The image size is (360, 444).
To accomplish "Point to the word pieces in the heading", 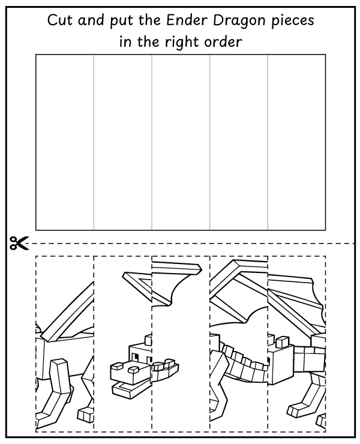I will point(292,20).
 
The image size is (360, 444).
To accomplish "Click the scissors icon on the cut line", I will point(19,243).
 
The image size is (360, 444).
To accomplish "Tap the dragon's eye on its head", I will point(136,357).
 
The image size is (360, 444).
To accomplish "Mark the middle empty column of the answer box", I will point(181,142).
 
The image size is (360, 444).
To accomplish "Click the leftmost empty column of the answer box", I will point(65,142).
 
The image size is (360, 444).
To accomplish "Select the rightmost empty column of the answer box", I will point(296,142).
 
